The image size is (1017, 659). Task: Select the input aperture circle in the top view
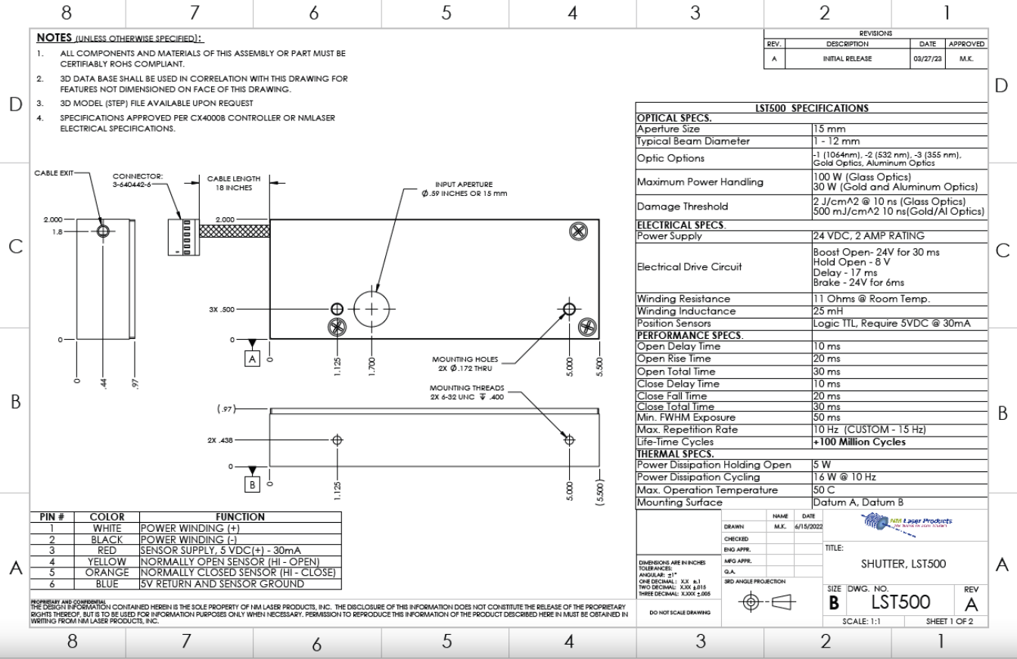pos(371,309)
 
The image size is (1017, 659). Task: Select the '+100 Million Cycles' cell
pos(859,443)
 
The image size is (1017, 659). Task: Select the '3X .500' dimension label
pos(223,309)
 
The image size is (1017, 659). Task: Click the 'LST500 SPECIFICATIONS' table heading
pos(812,109)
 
